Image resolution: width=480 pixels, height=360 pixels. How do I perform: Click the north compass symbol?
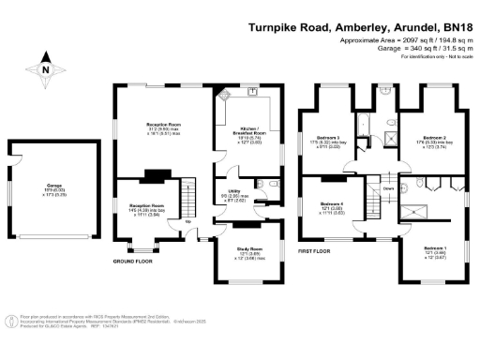point(45,68)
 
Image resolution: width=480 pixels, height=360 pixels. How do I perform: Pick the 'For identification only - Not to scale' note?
point(435,59)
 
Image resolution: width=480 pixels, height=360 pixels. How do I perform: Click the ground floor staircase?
point(185,201)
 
